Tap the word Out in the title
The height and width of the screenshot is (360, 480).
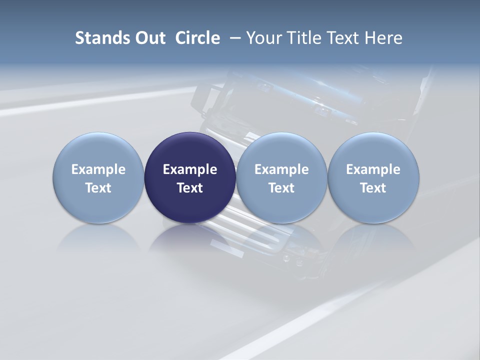tap(148, 38)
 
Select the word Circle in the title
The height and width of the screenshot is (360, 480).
tap(197, 38)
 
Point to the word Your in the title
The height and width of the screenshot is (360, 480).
tap(263, 38)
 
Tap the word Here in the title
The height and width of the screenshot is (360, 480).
tap(383, 38)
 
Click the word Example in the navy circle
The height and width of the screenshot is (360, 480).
tap(190, 169)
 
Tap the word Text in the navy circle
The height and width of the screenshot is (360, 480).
tap(190, 188)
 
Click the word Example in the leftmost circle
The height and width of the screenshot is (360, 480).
tap(98, 169)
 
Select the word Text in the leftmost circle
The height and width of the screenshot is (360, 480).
tap(98, 188)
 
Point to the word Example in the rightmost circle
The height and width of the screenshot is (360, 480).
tap(373, 169)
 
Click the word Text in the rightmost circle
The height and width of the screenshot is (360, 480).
tap(373, 188)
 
